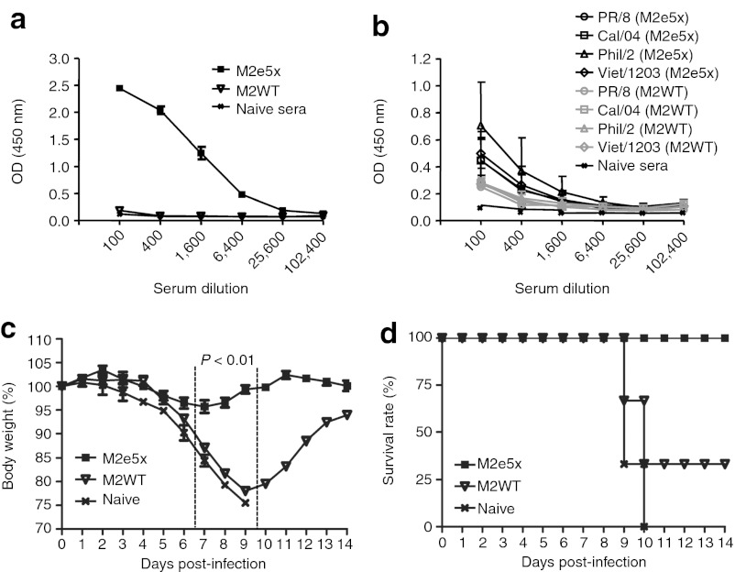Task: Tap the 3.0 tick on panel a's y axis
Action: pyautogui.click(x=57, y=58)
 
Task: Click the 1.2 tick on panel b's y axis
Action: pyautogui.click(x=436, y=58)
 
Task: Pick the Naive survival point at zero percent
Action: pyautogui.click(x=644, y=526)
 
